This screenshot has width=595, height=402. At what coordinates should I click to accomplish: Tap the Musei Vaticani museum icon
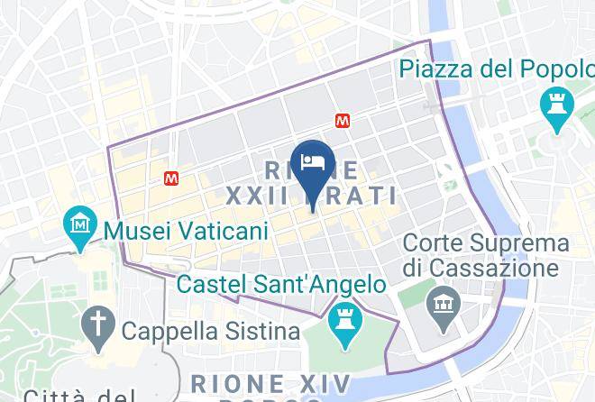(x=81, y=223)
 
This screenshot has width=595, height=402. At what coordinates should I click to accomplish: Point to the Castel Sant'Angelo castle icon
(x=343, y=322)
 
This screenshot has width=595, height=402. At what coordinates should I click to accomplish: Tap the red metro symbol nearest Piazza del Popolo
(x=342, y=119)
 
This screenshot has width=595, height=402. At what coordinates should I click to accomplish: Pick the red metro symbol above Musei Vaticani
(x=171, y=178)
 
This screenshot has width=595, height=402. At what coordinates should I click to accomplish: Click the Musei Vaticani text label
(x=187, y=231)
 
